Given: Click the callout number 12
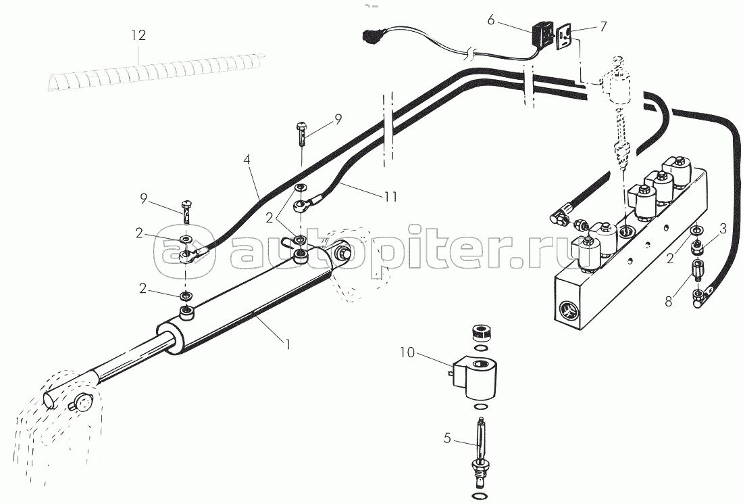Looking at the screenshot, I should [x=138, y=35].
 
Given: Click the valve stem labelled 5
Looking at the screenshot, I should [x=480, y=450].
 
